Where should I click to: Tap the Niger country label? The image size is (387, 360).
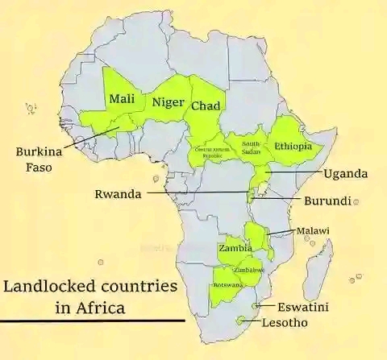point(167,102)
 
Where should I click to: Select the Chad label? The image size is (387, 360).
point(206,106)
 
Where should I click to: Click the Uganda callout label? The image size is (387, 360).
point(345,174)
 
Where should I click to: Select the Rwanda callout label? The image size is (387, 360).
point(118,194)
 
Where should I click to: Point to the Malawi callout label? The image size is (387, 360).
point(313,231)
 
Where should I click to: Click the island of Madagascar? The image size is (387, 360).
point(318,266)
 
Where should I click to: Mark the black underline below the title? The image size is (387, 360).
point(93,321)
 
